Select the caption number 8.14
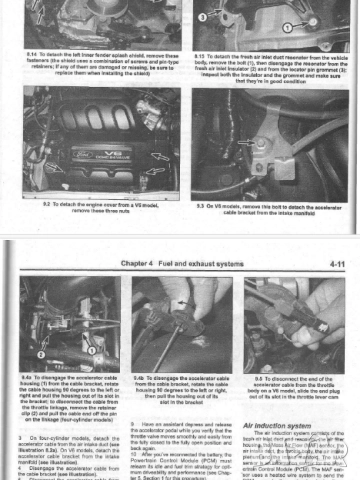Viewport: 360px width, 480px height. coord(33,53)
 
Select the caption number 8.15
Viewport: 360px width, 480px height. coord(201,53)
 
